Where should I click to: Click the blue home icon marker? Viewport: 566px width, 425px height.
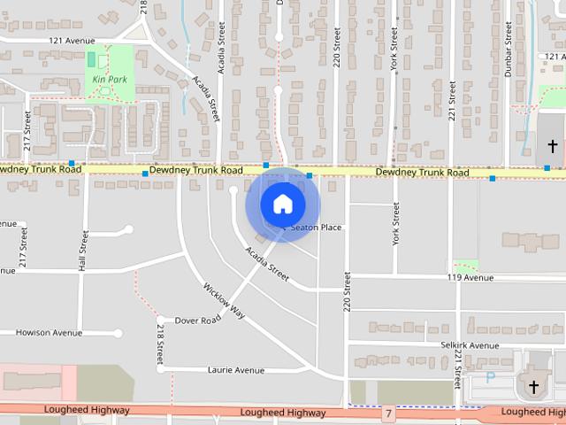[282, 205]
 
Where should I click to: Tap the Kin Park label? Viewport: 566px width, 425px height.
[110, 79]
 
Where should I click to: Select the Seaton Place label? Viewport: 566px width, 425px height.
[316, 228]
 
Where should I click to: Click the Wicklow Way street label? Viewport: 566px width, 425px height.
[224, 300]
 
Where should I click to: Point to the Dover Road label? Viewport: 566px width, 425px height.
[197, 320]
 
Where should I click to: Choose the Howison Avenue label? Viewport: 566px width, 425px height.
[49, 333]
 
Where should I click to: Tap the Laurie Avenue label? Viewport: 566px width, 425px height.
[235, 370]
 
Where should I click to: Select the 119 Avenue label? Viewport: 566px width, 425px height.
[470, 277]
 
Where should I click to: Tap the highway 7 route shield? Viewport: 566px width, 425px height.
[388, 413]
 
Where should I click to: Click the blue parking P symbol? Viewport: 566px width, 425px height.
[491, 378]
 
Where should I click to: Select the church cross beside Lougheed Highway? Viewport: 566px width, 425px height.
[533, 387]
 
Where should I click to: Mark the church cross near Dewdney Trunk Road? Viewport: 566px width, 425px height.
[553, 145]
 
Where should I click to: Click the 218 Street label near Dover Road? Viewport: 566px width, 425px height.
[160, 345]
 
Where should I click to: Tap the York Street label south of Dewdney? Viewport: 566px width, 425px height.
[396, 222]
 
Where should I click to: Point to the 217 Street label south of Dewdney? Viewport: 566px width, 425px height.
[24, 247]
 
